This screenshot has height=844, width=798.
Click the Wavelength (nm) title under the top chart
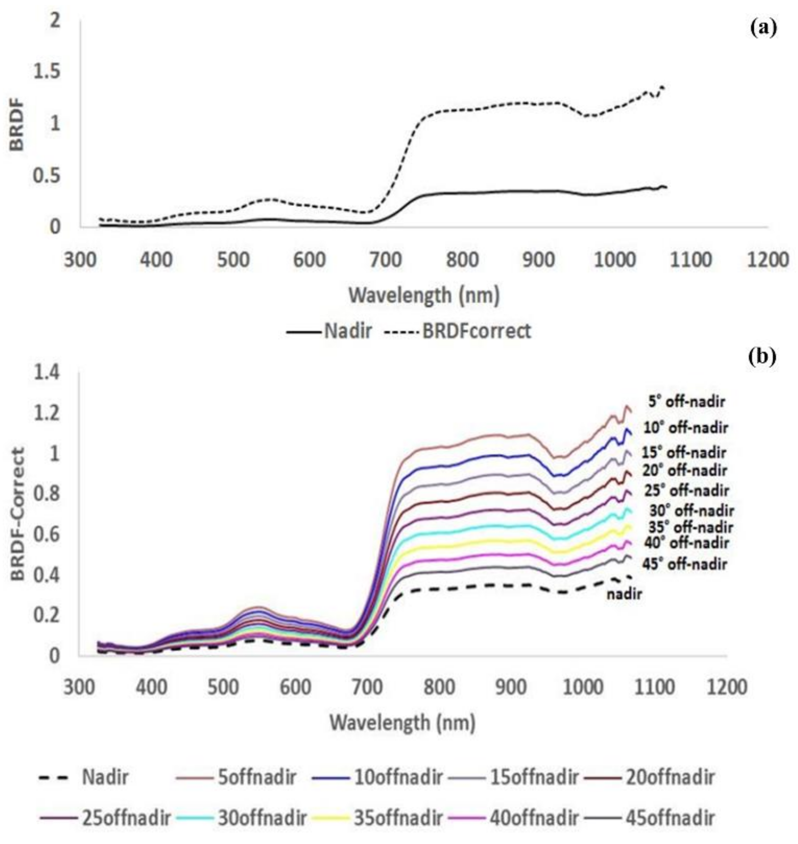pos(424,295)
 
